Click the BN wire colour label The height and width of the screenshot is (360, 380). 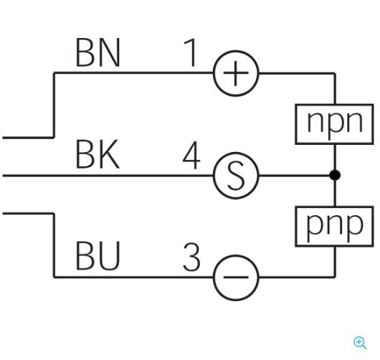pyautogui.click(x=98, y=52)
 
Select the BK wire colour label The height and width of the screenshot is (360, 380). pyautogui.click(x=98, y=154)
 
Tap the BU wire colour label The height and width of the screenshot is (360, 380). pyautogui.click(x=98, y=256)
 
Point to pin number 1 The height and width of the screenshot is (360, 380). pyautogui.click(x=191, y=52)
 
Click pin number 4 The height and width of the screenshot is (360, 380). pyautogui.click(x=191, y=155)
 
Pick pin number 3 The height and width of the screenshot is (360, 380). pyautogui.click(x=191, y=257)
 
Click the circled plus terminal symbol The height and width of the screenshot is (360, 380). pyautogui.click(x=236, y=73)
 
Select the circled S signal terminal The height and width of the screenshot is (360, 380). pyautogui.click(x=236, y=176)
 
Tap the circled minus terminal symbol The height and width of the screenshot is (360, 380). pyautogui.click(x=236, y=278)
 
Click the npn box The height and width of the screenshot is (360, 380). pyautogui.click(x=334, y=124)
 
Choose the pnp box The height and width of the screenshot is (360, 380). pyautogui.click(x=334, y=227)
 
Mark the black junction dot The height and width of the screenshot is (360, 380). pyautogui.click(x=335, y=175)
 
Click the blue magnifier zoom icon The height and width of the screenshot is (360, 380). pyautogui.click(x=360, y=343)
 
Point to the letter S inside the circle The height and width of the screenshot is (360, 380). pyautogui.click(x=236, y=176)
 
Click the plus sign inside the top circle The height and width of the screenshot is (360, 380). pyautogui.click(x=236, y=73)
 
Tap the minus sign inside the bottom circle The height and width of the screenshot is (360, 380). pyautogui.click(x=236, y=277)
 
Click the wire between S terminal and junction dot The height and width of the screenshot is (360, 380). pyautogui.click(x=295, y=175)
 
